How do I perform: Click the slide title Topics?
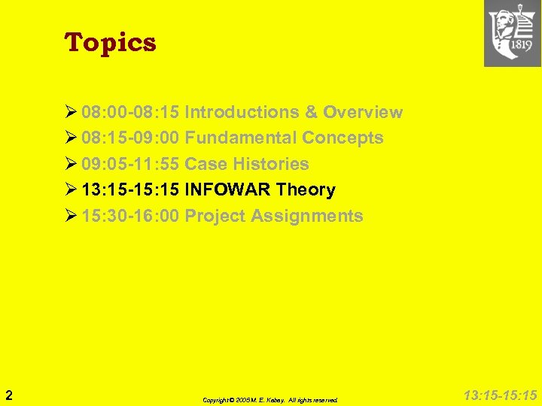click(x=111, y=43)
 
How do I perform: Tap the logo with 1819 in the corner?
click(x=512, y=34)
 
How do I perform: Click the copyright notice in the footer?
click(x=270, y=400)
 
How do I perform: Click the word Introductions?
click(x=242, y=113)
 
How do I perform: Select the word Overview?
click(x=363, y=113)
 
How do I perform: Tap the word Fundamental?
click(x=240, y=138)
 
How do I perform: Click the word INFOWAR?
click(x=227, y=190)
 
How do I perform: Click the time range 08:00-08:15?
click(x=130, y=113)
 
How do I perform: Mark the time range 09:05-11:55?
click(x=130, y=164)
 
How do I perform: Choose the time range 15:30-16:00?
click(x=130, y=217)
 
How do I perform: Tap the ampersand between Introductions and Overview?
click(x=311, y=113)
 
